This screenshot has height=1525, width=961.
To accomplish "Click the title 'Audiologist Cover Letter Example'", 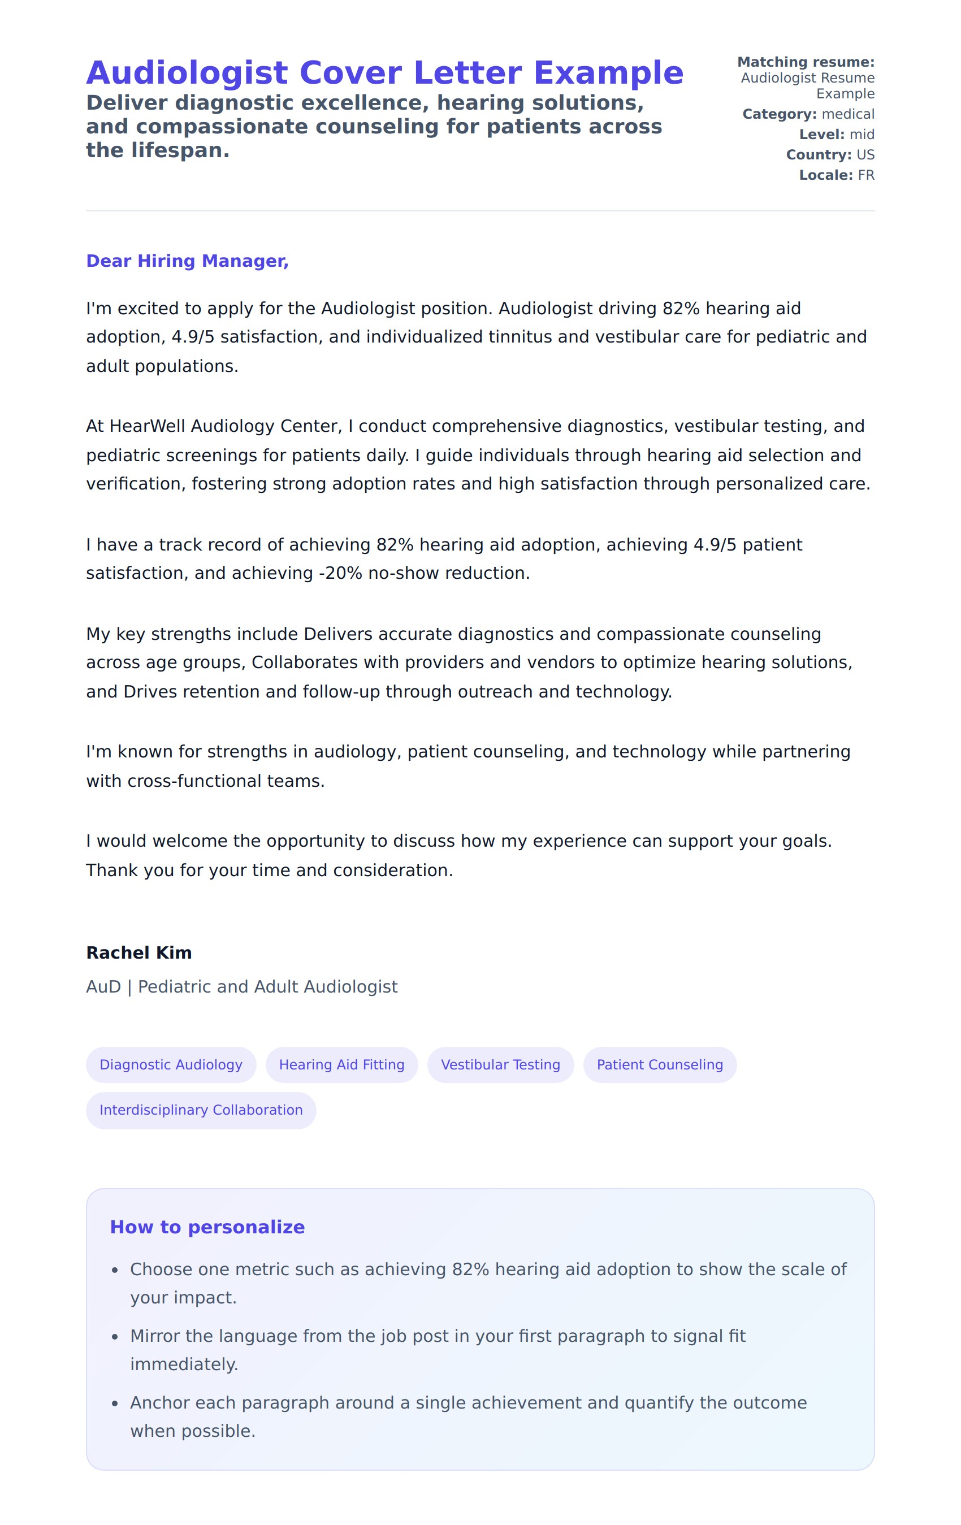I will (384, 73).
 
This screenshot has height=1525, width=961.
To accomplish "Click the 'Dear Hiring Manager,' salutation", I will (187, 261).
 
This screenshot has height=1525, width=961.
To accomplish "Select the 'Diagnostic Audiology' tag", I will (171, 1064).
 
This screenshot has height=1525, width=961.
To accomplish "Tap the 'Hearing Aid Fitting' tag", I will (341, 1064).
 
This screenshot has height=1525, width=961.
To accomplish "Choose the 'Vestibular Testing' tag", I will (500, 1064).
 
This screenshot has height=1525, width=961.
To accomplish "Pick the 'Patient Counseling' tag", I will (660, 1064).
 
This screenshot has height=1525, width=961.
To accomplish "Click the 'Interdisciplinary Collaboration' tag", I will (201, 1110).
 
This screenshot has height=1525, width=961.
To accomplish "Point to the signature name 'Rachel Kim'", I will (138, 952).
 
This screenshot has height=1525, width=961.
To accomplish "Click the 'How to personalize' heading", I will (207, 1227).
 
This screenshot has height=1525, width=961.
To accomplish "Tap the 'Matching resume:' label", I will (805, 62).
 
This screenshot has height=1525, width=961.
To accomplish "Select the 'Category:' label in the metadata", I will (779, 114).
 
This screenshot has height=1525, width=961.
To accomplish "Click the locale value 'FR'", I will (866, 175).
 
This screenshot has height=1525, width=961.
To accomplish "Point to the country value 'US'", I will (865, 155).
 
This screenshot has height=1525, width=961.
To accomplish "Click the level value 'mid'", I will (862, 135).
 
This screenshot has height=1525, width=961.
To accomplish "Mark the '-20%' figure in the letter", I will (340, 573).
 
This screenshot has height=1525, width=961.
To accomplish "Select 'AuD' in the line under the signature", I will (103, 987).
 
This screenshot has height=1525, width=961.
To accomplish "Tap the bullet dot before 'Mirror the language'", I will (115, 1337).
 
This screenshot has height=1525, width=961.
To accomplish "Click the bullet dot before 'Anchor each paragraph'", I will (115, 1404).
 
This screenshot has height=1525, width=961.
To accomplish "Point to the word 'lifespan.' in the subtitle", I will (180, 151).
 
